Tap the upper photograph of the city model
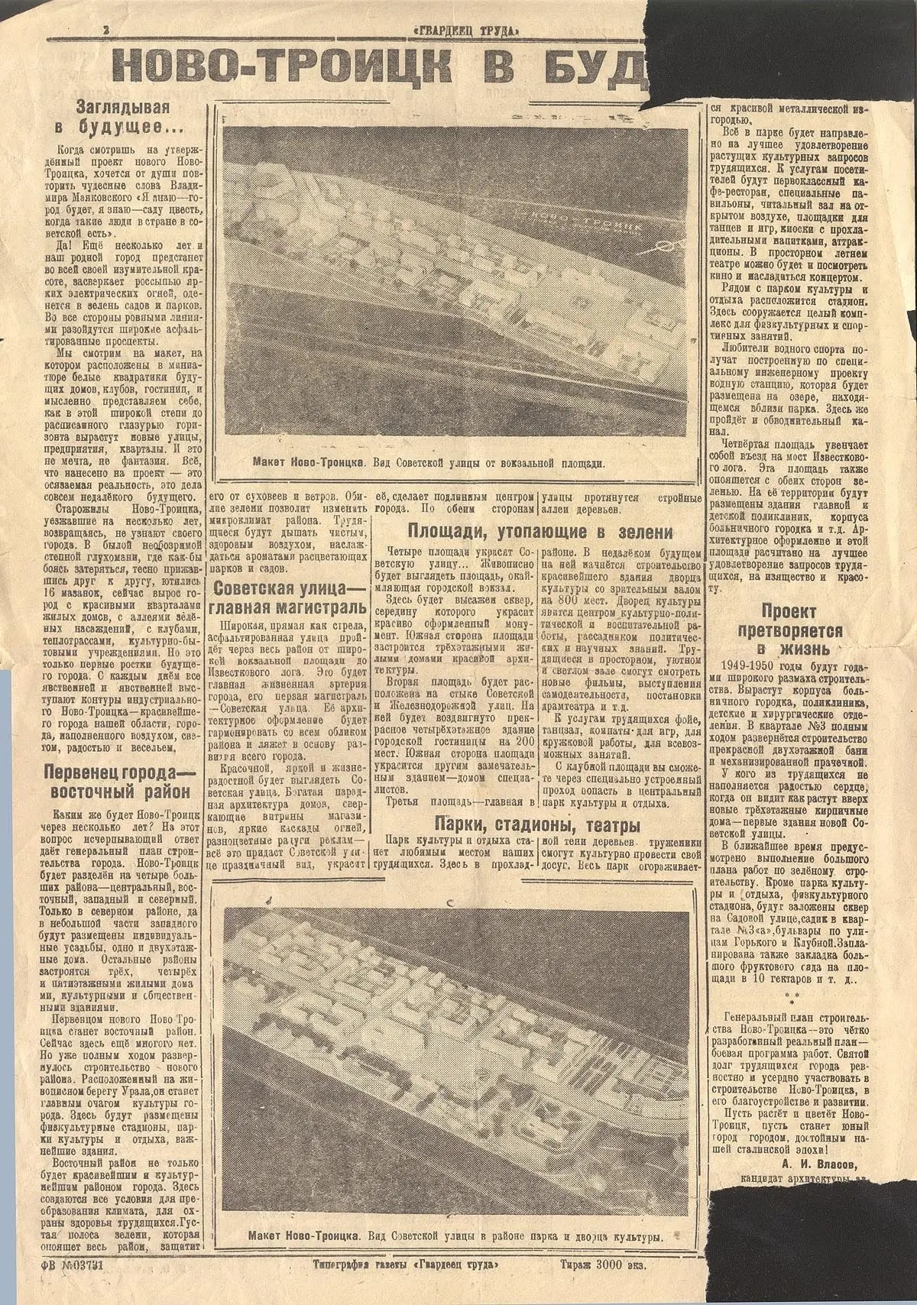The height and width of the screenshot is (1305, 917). [458, 287]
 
